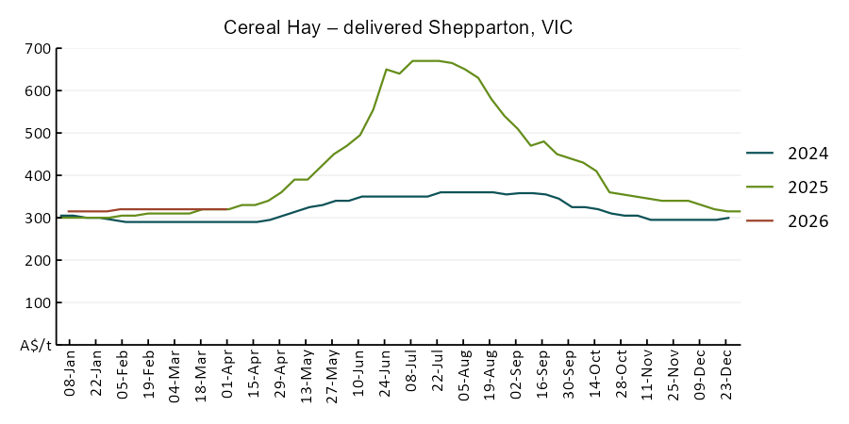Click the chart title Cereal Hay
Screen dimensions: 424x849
pyautogui.click(x=398, y=27)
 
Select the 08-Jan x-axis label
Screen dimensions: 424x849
pyautogui.click(x=70, y=375)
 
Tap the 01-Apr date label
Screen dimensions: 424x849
pyautogui.click(x=227, y=375)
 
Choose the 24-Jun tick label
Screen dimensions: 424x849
pyautogui.click(x=386, y=375)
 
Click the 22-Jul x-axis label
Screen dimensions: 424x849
pyautogui.click(x=439, y=375)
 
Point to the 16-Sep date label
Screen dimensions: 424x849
pyautogui.click(x=544, y=375)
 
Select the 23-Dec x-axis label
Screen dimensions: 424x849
pyautogui.click(x=729, y=375)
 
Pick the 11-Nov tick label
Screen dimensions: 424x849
pyautogui.click(x=650, y=375)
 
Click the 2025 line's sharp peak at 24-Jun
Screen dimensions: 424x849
pyautogui.click(x=386, y=69)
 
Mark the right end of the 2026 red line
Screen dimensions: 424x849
pyautogui.click(x=227, y=209)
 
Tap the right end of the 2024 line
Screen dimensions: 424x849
pyautogui.click(x=729, y=218)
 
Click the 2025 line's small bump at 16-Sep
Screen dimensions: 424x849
pyautogui.click(x=544, y=141)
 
